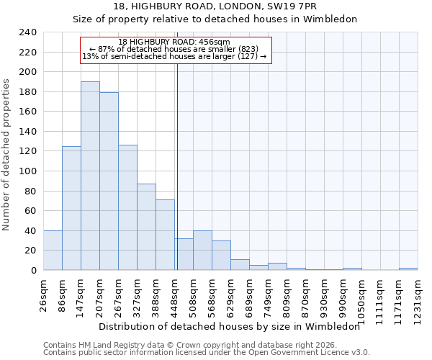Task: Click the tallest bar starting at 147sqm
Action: [x=90, y=176]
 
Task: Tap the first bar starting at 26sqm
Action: [x=53, y=251]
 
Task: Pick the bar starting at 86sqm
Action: [x=71, y=208]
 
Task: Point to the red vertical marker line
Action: [x=177, y=166]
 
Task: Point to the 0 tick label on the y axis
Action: [x=33, y=271]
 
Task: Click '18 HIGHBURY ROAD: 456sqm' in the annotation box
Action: [x=174, y=42]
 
